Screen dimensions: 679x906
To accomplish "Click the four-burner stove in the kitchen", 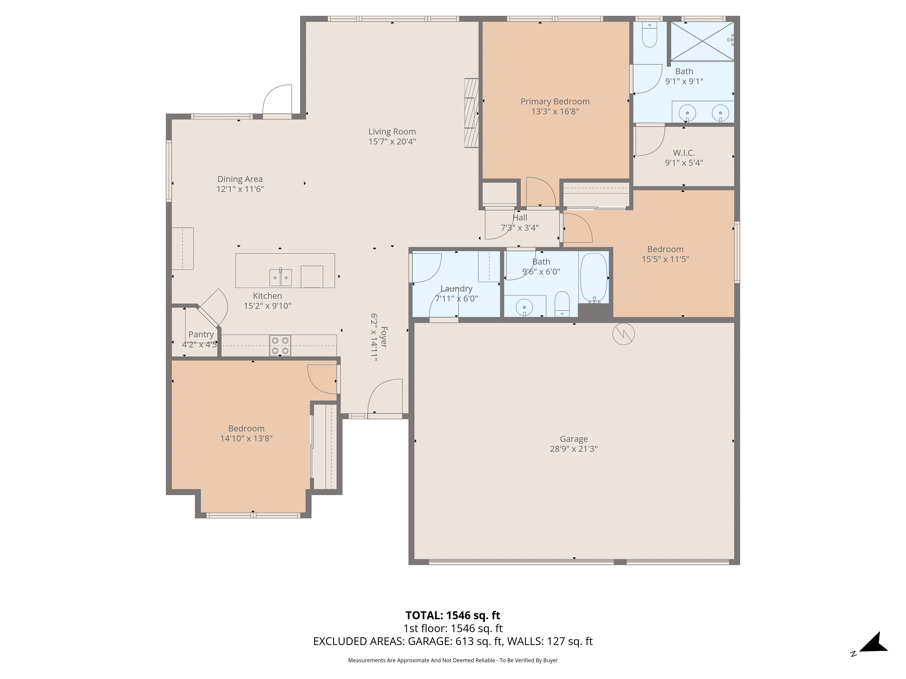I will click(280, 345).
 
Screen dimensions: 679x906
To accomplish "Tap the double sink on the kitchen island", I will click(281, 277).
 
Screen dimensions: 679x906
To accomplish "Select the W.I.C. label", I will click(684, 153).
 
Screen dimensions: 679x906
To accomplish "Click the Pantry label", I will click(201, 334).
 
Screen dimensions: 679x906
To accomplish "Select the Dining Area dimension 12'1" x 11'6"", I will click(240, 189).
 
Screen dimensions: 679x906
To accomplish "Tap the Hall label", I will click(520, 218).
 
